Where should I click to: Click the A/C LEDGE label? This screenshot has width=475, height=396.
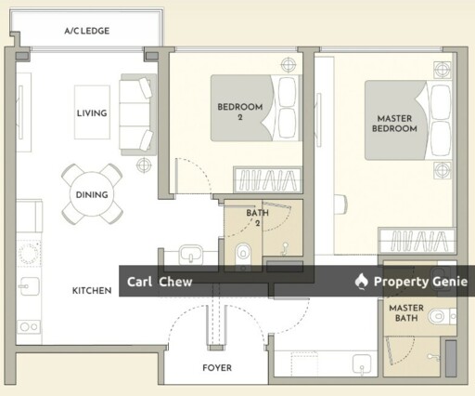click(x=87, y=31)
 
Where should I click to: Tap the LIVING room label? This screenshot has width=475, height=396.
click(x=92, y=113)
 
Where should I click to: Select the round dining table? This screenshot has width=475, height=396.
click(x=92, y=194)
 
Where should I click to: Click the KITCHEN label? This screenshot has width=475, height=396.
click(x=92, y=291)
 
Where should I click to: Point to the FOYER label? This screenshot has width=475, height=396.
click(x=217, y=368)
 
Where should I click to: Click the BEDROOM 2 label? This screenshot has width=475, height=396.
click(x=240, y=112)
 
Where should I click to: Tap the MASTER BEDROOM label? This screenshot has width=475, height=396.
click(x=394, y=124)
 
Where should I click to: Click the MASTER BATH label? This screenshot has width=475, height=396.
click(x=406, y=313)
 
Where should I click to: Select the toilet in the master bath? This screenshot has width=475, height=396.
click(x=443, y=317)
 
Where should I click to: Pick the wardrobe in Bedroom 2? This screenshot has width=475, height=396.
click(x=267, y=180)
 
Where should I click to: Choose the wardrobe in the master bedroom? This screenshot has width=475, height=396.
click(x=417, y=241)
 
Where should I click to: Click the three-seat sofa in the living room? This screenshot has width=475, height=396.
click(x=137, y=114)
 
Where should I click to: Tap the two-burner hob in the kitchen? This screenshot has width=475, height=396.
click(x=29, y=326)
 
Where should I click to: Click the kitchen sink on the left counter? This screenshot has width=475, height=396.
click(x=29, y=286)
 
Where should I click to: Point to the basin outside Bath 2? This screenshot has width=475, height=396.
click(x=191, y=254)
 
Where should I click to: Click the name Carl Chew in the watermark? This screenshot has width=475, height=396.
click(x=160, y=282)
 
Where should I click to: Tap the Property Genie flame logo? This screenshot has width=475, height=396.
click(x=361, y=282)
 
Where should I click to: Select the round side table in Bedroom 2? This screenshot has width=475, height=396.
click(x=289, y=65)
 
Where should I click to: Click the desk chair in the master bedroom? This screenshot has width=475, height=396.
click(x=340, y=205)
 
